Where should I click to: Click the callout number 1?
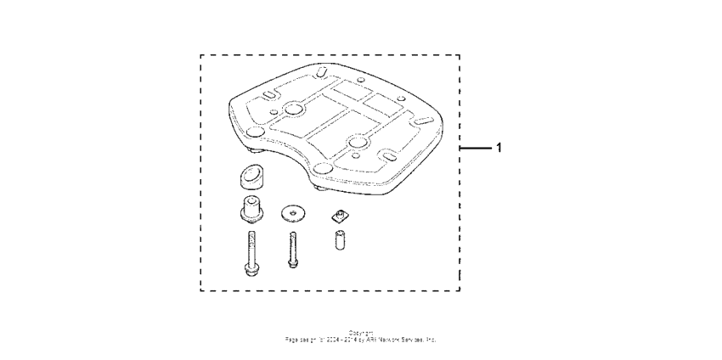499,147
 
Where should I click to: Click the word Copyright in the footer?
360,332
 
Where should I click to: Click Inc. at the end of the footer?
432,338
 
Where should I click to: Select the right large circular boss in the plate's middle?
360,141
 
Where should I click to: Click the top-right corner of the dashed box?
460,55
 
